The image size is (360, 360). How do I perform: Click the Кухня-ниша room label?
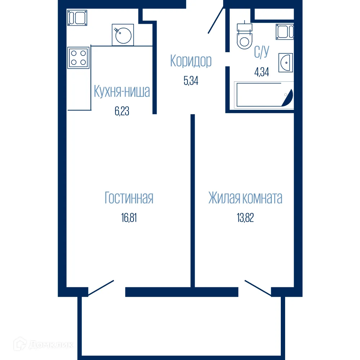[x=122, y=92]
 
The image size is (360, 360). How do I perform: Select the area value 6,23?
[x=122, y=111]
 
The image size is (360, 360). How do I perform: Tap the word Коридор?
[x=191, y=61]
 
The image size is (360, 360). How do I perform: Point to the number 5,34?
[x=191, y=80]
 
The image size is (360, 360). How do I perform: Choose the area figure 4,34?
[x=262, y=72]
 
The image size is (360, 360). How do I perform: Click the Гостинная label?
[x=129, y=198]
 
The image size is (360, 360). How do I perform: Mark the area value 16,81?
[x=129, y=218]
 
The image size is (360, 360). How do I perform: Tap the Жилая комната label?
[x=245, y=198]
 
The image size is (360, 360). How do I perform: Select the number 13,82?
[x=245, y=218]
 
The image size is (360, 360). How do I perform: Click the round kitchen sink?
[x=123, y=35]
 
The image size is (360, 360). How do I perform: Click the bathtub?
[x=264, y=95]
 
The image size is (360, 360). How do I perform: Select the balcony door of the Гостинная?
[x=101, y=288]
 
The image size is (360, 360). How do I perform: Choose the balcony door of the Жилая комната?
[x=258, y=288]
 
